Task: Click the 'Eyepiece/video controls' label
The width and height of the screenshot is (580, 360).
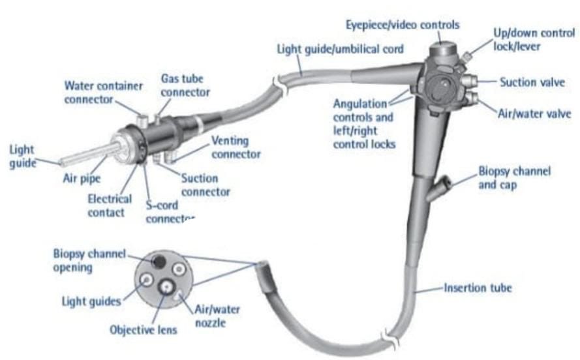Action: pos(403,25)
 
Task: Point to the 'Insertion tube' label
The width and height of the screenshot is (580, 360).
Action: pos(478,287)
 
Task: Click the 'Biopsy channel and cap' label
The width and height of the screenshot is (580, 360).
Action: pos(515,177)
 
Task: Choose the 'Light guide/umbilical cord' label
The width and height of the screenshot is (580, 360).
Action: pos(341,49)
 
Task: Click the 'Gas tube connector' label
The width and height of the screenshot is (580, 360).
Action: pos(185,85)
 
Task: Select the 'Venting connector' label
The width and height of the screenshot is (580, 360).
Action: pos(236,147)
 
